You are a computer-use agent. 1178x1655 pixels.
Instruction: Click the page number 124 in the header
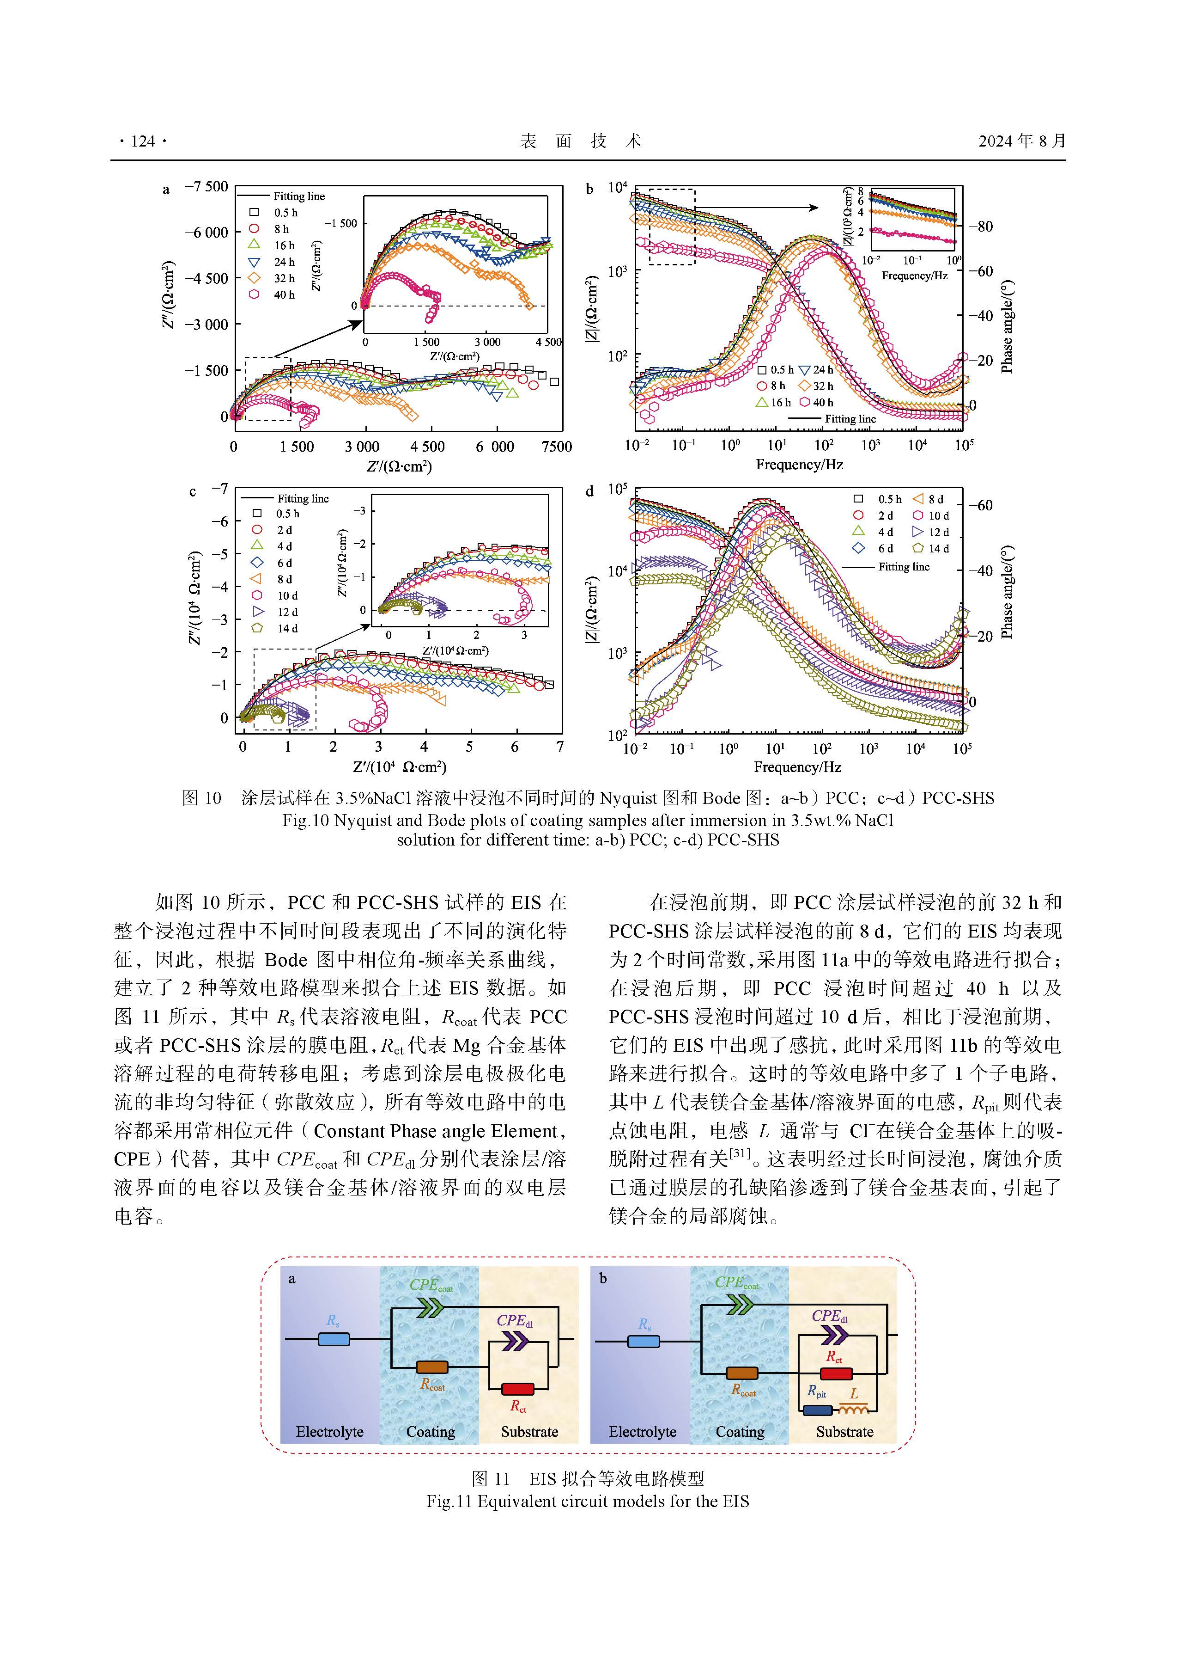(x=143, y=141)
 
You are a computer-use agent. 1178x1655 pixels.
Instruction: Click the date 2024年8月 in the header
(x=1021, y=141)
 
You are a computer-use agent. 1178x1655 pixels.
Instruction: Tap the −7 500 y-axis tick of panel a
(x=207, y=187)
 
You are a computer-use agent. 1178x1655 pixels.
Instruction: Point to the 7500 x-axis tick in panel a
(x=556, y=447)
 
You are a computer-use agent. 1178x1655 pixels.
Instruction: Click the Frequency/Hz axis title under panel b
(x=799, y=465)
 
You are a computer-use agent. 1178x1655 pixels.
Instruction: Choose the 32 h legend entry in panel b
(x=815, y=386)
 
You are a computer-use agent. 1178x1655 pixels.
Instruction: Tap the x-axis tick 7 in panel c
(x=560, y=746)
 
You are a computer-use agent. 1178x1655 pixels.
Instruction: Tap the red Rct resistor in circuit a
(x=518, y=1389)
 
